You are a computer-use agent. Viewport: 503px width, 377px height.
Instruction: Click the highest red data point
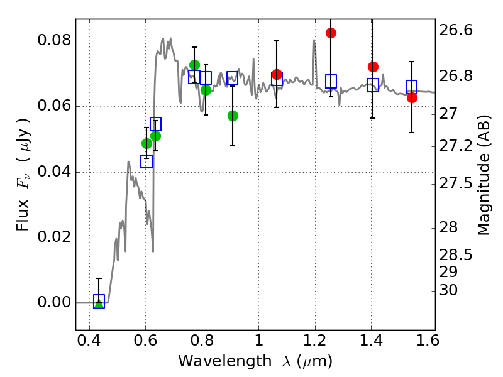pos(331,33)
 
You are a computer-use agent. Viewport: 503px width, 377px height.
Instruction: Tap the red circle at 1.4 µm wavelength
pos(373,67)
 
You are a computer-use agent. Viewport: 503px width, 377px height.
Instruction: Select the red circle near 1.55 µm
pos(412,98)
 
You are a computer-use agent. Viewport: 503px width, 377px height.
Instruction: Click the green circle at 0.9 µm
pos(233,116)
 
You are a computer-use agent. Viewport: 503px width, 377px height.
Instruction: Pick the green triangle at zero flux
pos(99,303)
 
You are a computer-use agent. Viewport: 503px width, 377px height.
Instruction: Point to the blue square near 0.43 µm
pos(99,302)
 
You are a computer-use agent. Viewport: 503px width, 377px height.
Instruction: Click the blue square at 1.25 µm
pos(331,81)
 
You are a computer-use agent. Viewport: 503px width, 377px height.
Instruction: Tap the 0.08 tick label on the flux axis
pos(54,41)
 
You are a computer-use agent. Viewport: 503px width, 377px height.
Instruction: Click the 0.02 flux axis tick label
pos(54,238)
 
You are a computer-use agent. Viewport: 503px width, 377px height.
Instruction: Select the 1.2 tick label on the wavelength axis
pos(315,341)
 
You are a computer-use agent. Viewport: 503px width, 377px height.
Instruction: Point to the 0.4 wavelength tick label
pos(89,341)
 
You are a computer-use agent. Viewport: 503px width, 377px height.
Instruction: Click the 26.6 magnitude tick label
pos(455,30)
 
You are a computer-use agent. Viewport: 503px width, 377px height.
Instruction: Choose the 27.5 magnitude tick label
pos(455,183)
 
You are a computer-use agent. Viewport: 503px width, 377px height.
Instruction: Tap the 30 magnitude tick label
pos(448,290)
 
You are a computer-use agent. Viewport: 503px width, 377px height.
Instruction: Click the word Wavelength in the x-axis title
pos(225,361)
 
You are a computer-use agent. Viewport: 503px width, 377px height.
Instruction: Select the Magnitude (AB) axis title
pos(484,175)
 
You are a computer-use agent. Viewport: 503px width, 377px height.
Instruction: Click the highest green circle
pos(194,65)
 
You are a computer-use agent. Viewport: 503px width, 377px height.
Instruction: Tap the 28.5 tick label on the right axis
pos(455,256)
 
